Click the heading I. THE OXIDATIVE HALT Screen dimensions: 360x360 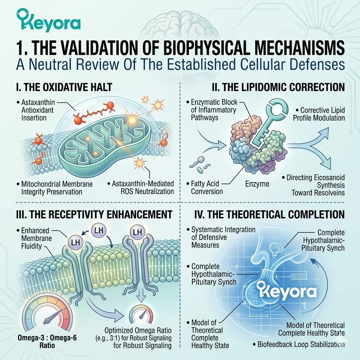pyautogui.click(x=64, y=87)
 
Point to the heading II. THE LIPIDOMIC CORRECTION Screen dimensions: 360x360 pyautogui.click(x=278, y=87)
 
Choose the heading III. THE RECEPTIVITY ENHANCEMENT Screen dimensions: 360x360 pyautogui.click(x=94, y=214)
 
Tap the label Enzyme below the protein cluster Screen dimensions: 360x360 pyautogui.click(x=257, y=184)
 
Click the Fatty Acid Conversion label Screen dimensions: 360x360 pyautogui.click(x=205, y=187)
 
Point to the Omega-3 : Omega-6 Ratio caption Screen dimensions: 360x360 pyautogui.click(x=47, y=341)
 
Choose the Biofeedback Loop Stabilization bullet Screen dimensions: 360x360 pyautogui.click(x=298, y=345)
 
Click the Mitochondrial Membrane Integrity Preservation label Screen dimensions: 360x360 pyautogui.click(x=54, y=188)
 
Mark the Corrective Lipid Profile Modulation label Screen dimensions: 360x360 pyautogui.click(x=319, y=114)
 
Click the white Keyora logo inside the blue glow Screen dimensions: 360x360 pyautogui.click(x=287, y=292)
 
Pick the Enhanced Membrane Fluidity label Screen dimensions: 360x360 pyautogui.click(x=34, y=238)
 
